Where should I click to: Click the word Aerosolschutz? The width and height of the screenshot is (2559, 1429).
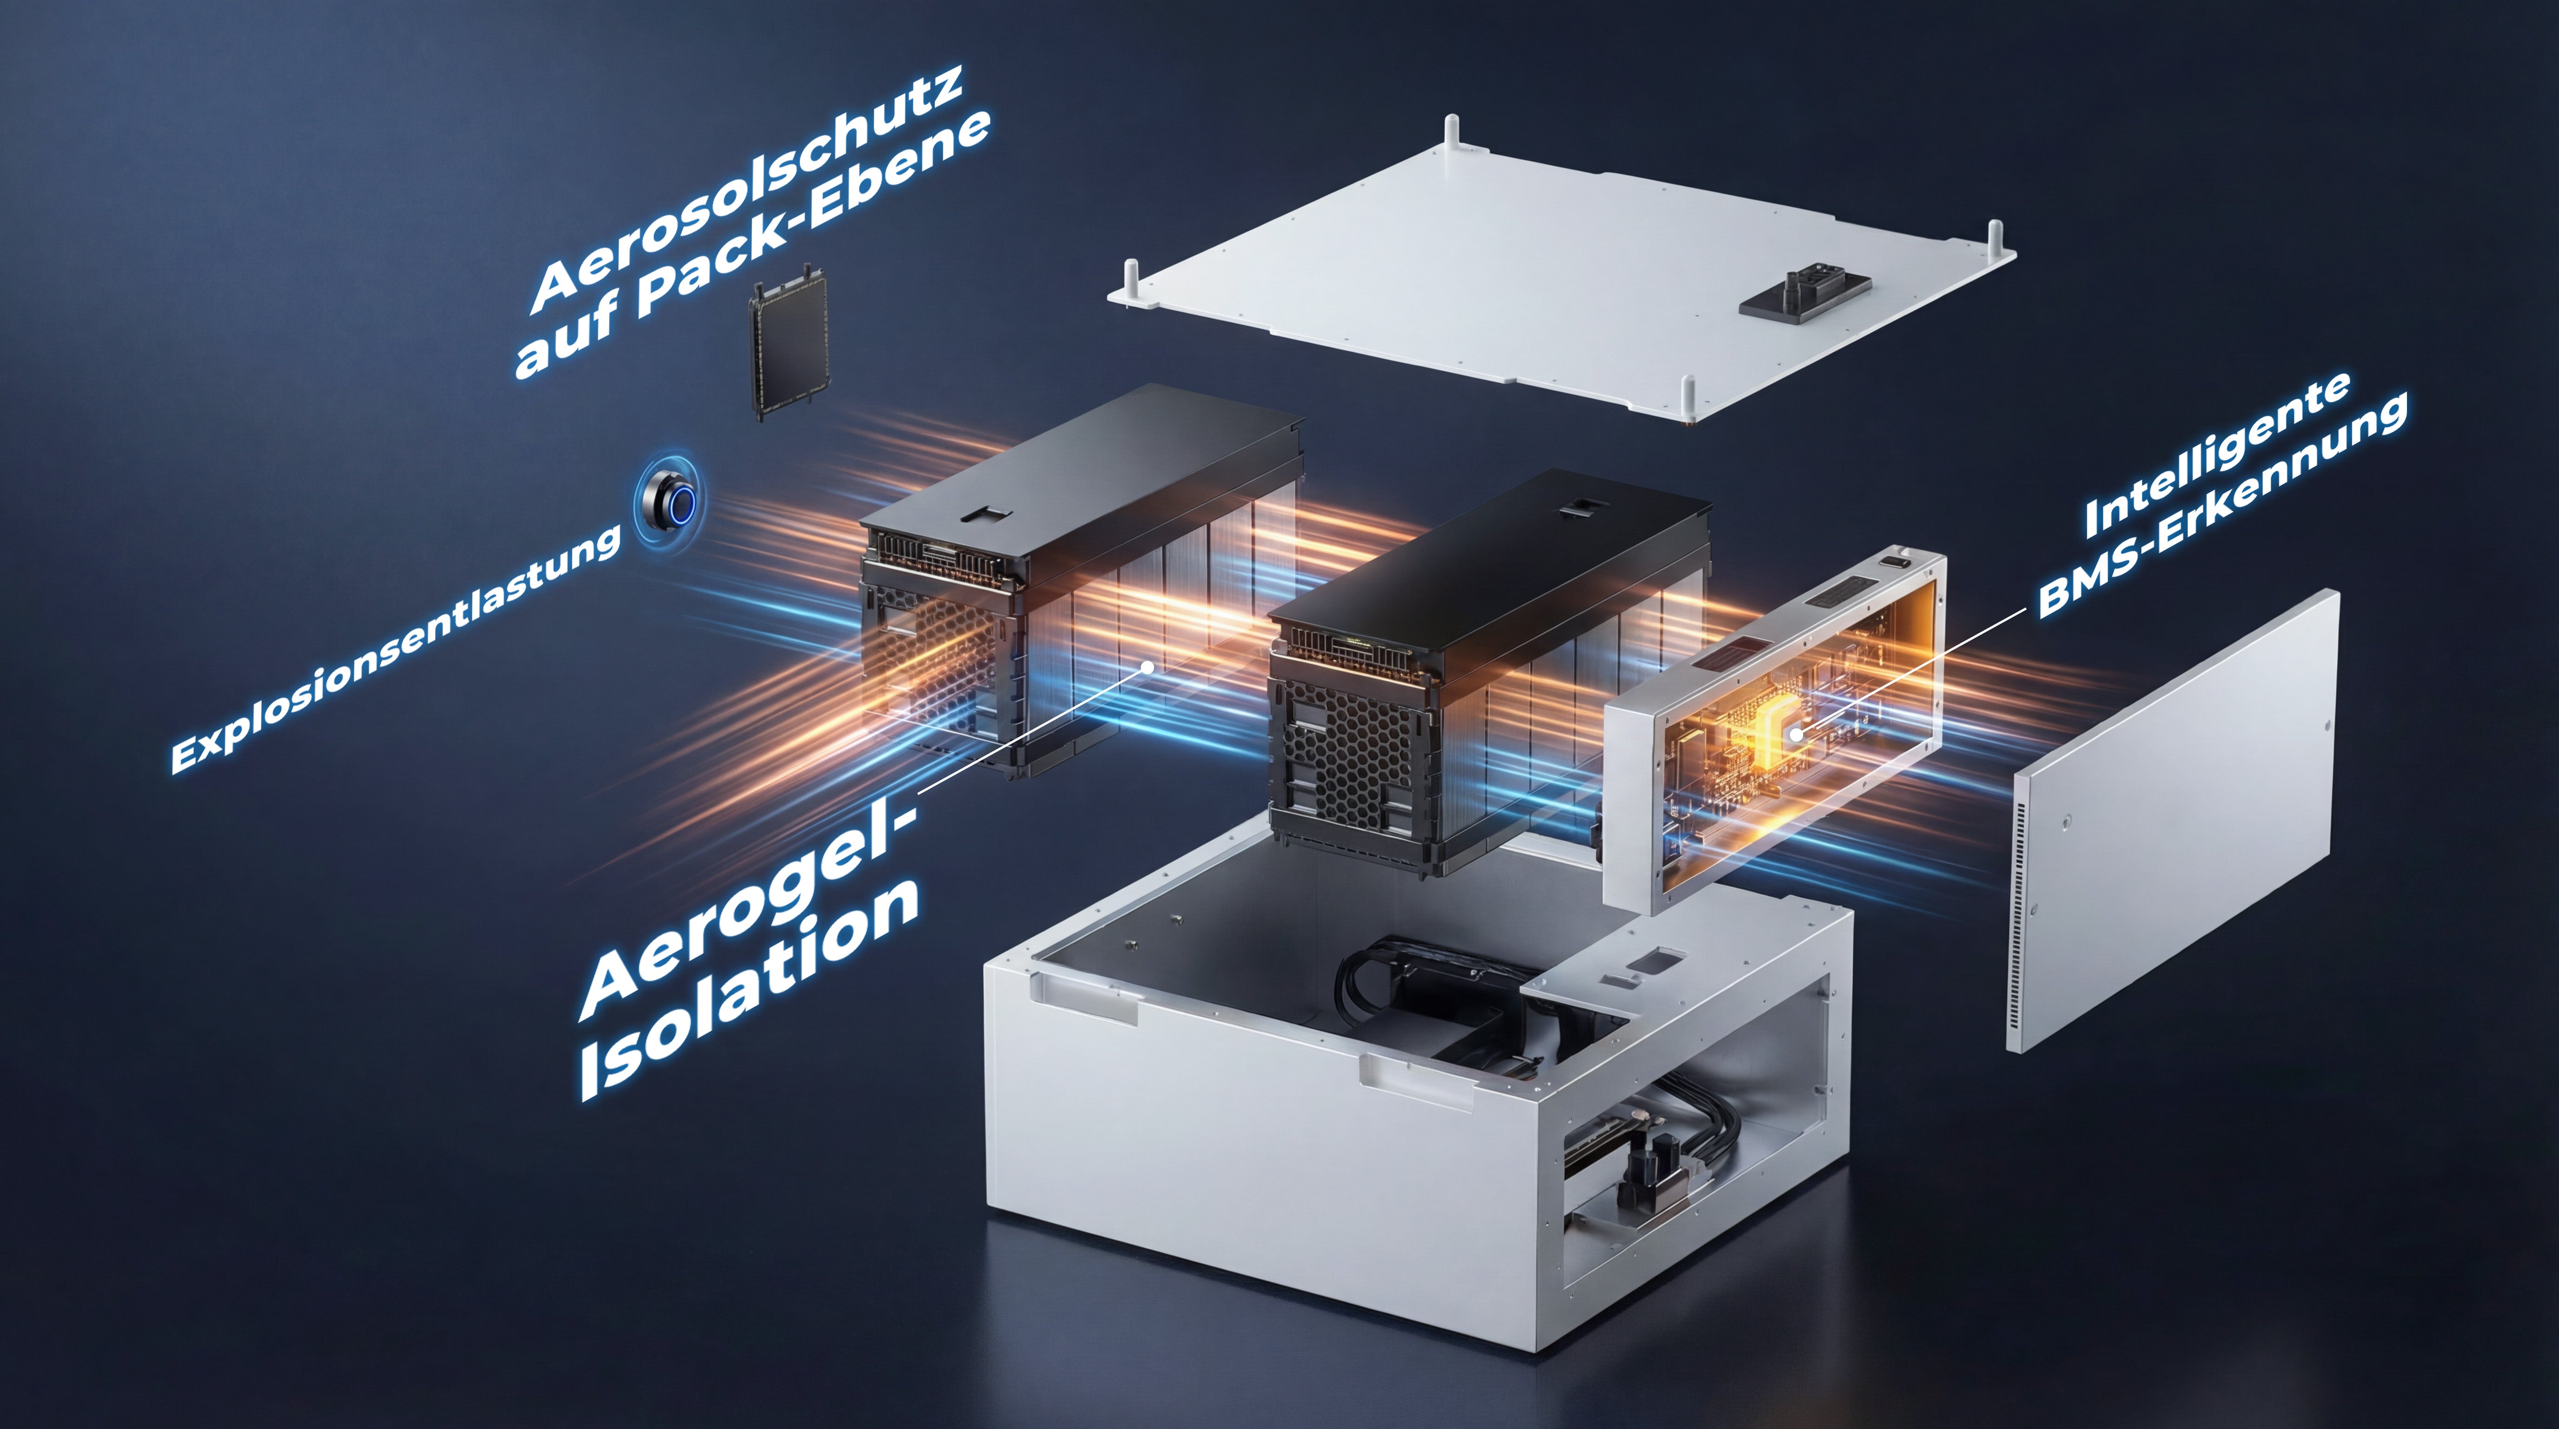tap(747, 189)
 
